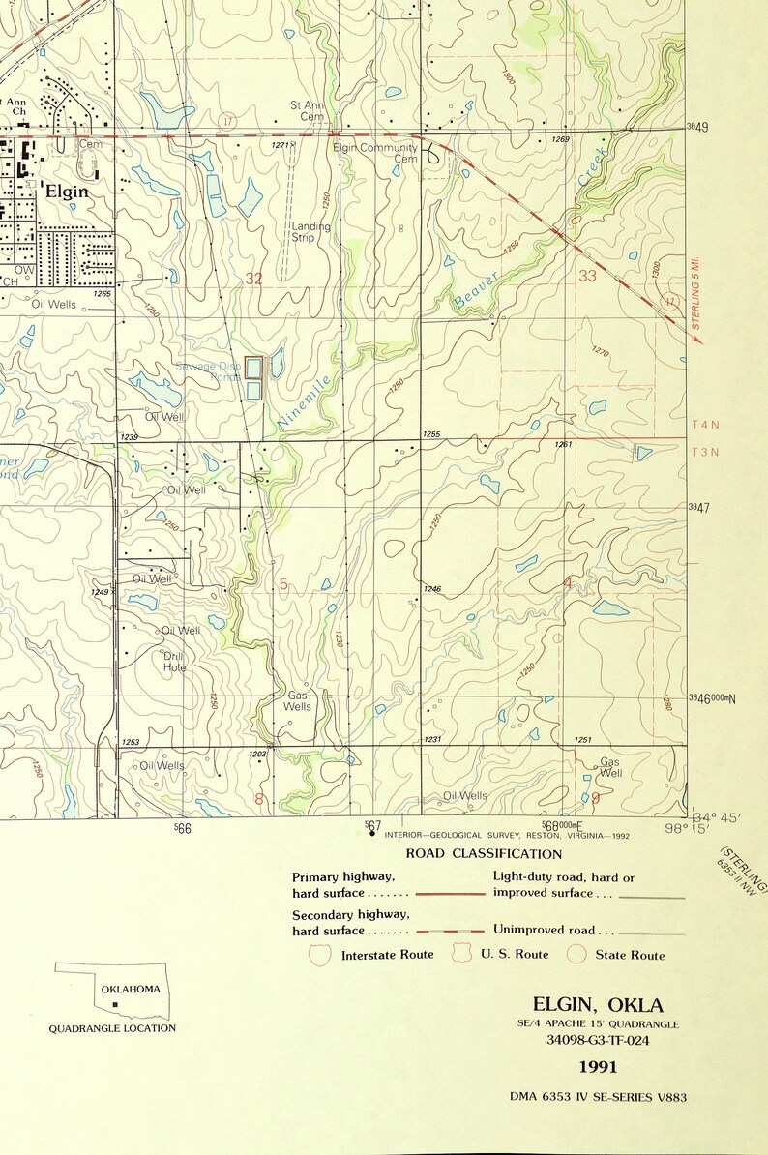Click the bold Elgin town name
coord(67,192)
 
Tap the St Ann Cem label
coord(308,110)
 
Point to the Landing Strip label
coord(310,232)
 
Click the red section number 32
coord(253,279)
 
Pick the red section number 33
coord(587,276)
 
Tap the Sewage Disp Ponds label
coord(208,372)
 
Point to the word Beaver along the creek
coord(477,291)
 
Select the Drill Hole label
coord(174,662)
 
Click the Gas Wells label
coord(297,701)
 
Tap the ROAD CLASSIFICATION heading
coord(484,854)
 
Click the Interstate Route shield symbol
coord(319,955)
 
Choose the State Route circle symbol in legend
coord(577,955)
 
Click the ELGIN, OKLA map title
coord(598,1004)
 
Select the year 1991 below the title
coord(598,1067)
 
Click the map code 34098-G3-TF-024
coord(598,1041)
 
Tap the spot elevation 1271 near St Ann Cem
coord(280,145)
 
